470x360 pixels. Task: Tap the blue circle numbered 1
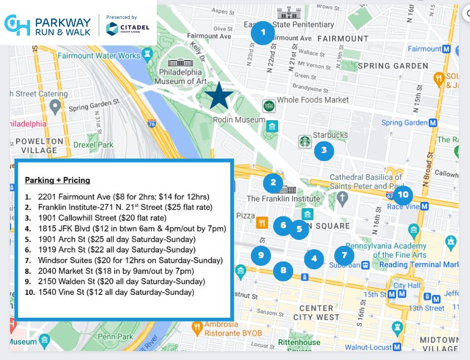(263, 33)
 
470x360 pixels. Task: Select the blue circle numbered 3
(324, 150)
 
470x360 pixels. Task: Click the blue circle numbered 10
(403, 195)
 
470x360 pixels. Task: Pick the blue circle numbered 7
(344, 255)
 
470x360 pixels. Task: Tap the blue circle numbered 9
(260, 255)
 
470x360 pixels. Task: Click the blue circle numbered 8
(283, 271)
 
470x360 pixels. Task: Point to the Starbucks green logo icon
(305, 141)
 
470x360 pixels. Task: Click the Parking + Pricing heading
(57, 180)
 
